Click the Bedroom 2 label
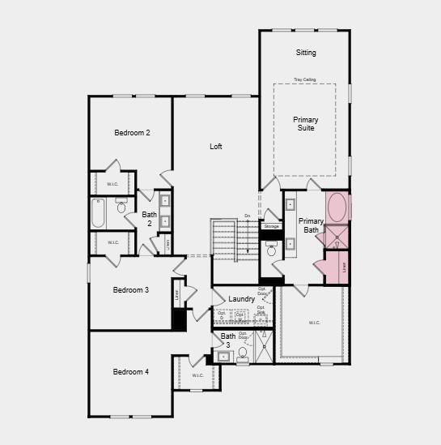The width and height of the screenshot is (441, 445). coord(132,132)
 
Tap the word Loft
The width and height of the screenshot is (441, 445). coord(216,147)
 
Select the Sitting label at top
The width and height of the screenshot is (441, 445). coord(306,53)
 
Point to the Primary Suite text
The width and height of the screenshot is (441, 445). coord(305,124)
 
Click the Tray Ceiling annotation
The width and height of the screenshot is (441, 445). coord(305,79)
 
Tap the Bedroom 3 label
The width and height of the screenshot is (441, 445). coord(130,290)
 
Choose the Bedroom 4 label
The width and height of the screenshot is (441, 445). coord(130,372)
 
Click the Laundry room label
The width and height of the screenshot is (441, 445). coord(242,299)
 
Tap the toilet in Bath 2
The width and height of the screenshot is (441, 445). coord(121,208)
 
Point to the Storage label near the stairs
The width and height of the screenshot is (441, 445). coord(271,226)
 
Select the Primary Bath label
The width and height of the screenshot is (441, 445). coord(311,225)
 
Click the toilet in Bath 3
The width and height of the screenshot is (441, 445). coord(243,353)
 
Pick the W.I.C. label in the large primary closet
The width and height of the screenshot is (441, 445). coord(314,323)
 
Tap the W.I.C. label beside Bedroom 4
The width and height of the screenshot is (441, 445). coord(198,375)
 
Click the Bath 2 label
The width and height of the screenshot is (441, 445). coord(149,220)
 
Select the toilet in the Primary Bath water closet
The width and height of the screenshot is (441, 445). coord(272,250)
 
